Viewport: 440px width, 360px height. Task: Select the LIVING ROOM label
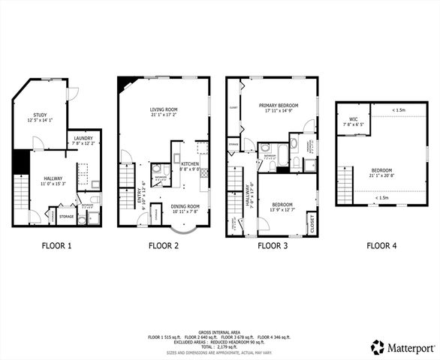(162, 109)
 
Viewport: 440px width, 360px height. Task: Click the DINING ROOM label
(185, 206)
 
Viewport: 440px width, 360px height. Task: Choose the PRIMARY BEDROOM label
(279, 105)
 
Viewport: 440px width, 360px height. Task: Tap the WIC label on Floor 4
(353, 119)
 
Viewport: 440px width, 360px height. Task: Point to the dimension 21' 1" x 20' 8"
(381, 175)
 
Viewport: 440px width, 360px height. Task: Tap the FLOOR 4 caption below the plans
(382, 245)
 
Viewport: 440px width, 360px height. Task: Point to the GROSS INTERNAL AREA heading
(220, 331)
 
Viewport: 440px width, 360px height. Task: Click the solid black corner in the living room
(122, 83)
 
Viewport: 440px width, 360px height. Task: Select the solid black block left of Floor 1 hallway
(20, 161)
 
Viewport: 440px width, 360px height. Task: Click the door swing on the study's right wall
(72, 93)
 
